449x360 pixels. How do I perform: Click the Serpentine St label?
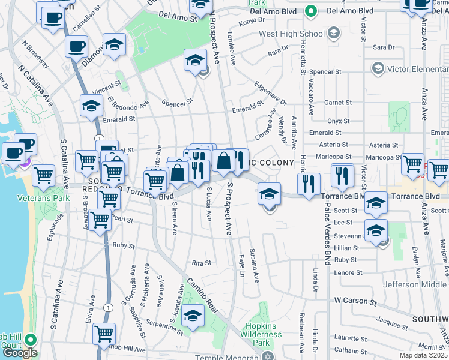(x=157, y=323)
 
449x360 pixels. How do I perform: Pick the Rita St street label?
(x=201, y=263)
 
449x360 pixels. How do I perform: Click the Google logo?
(x=20, y=353)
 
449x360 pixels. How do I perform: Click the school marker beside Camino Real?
(x=193, y=315)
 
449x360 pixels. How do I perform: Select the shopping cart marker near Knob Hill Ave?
(x=104, y=333)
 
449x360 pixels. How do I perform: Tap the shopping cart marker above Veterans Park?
(x=43, y=176)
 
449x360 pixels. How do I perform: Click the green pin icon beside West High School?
(x=310, y=11)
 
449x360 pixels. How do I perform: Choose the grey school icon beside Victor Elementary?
(x=378, y=68)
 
